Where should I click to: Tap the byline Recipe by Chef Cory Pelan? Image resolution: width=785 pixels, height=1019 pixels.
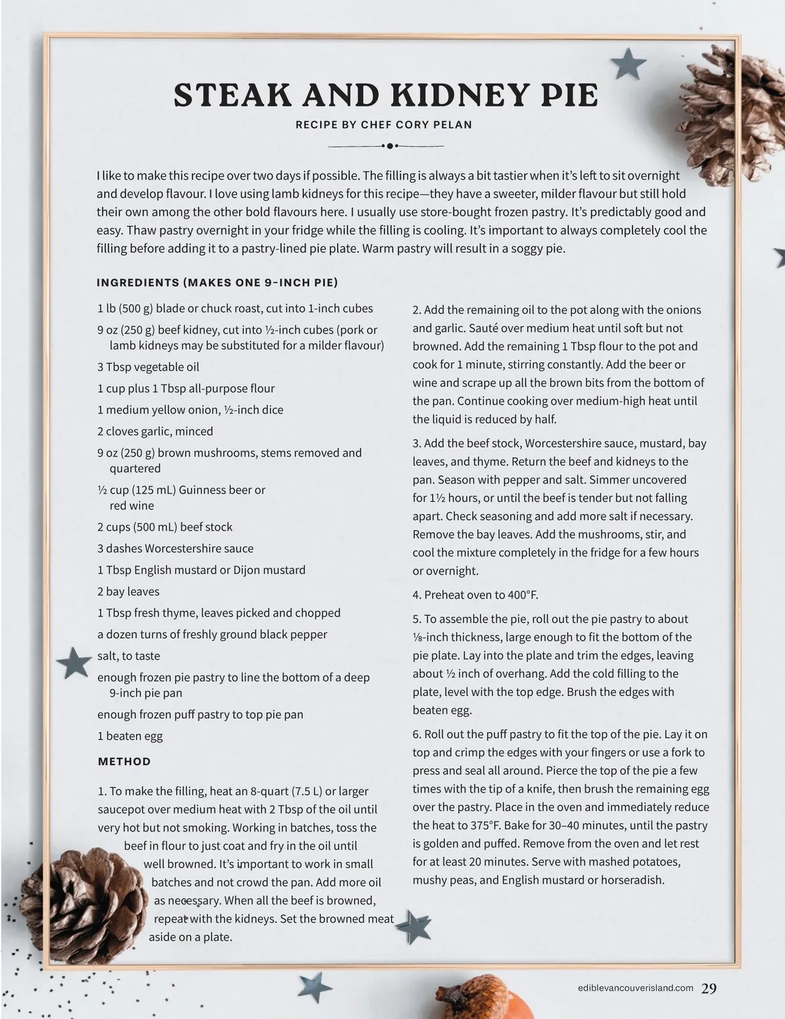click(x=384, y=125)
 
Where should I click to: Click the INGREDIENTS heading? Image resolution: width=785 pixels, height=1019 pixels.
click(x=217, y=283)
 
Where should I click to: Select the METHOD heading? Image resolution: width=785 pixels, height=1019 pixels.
click(x=124, y=761)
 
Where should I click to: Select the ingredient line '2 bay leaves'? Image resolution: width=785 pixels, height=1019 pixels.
click(x=128, y=591)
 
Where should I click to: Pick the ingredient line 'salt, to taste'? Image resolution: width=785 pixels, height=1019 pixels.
click(x=129, y=656)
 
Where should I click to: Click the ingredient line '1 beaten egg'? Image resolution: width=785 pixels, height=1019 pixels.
click(x=130, y=736)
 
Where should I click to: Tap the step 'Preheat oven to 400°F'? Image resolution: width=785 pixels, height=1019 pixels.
click(x=476, y=595)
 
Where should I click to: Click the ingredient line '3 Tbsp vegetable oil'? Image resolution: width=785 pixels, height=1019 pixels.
click(x=148, y=367)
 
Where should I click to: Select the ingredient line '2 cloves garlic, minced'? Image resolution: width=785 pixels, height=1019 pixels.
click(x=155, y=431)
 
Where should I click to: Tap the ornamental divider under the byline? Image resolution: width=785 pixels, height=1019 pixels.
click(x=389, y=146)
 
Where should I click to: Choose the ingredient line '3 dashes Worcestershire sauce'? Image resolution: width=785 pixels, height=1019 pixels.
click(x=175, y=548)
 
